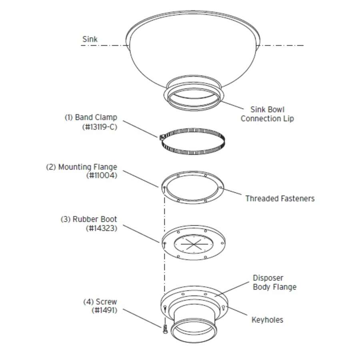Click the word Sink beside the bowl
(x=90, y=39)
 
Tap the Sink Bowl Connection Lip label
(x=267, y=114)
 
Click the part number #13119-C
(x=100, y=127)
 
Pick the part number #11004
(x=102, y=176)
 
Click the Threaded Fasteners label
(x=280, y=198)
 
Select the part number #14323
(x=102, y=228)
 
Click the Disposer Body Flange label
(x=274, y=282)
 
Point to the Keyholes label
(x=267, y=320)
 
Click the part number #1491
(x=104, y=310)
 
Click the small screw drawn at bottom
(x=165, y=329)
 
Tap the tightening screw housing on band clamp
(x=162, y=137)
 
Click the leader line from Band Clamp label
(x=140, y=129)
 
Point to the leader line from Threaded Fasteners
(x=232, y=192)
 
